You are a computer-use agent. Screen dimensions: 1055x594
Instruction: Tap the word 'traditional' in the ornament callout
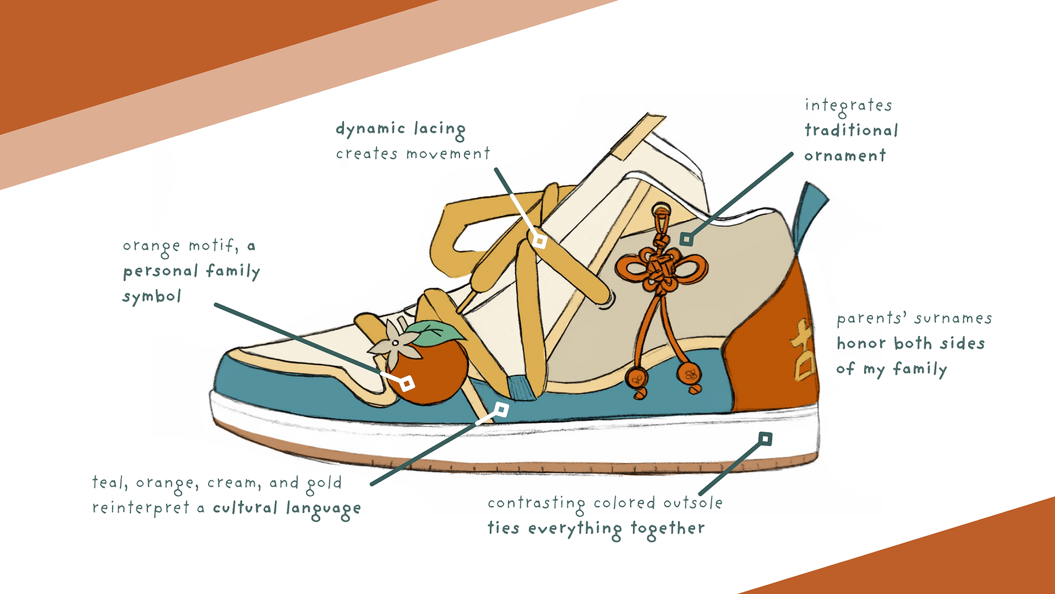851,130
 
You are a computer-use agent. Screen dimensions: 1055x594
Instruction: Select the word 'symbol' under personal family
152,297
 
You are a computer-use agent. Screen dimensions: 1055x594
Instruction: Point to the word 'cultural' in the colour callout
245,507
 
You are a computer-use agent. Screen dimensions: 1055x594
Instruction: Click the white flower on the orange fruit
393,342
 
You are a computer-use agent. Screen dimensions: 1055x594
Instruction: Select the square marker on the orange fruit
407,383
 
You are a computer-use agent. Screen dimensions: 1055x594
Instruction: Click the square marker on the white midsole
765,439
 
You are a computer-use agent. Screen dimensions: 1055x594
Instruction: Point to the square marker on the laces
540,241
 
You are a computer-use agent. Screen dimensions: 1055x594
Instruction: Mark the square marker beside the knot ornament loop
687,239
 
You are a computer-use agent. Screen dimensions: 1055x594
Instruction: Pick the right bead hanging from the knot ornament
690,374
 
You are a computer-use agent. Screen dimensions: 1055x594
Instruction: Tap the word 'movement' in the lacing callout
448,154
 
